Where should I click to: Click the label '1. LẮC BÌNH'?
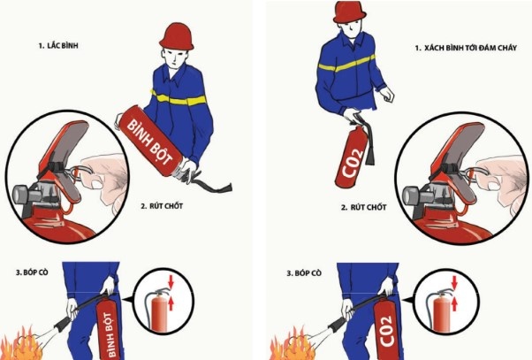[58, 45]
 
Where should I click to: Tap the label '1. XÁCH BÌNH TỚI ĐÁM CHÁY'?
[466, 48]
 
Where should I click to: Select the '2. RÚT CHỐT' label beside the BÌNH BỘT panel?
[162, 206]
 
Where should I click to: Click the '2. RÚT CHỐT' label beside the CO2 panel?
[363, 207]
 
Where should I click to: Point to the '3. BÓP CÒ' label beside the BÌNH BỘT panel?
[32, 272]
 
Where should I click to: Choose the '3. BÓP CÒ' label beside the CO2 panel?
[304, 273]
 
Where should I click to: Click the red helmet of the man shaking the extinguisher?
[177, 36]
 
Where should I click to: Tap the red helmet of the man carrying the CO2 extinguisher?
[350, 11]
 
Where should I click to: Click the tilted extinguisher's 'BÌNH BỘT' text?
[150, 142]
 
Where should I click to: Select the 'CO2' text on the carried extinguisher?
[353, 163]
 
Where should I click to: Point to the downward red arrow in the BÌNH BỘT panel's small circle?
[171, 281]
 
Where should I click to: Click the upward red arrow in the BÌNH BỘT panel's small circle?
[171, 303]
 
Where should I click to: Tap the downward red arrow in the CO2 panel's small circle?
[454, 282]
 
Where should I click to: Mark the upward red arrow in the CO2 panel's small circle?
[454, 304]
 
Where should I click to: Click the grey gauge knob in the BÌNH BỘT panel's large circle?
[21, 195]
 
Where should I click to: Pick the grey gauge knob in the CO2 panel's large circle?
[411, 195]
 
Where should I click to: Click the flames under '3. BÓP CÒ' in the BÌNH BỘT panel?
[21, 344]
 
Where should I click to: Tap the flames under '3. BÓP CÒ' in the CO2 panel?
[293, 344]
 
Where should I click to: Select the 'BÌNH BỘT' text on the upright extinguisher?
[110, 334]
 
